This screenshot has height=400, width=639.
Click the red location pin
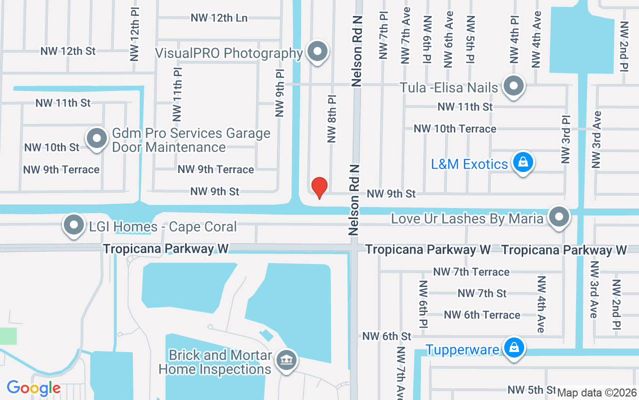click(319, 187)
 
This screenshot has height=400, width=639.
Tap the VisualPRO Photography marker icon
click(317, 51)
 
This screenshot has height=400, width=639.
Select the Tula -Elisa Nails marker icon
click(513, 86)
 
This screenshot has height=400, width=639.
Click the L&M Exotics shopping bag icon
click(523, 163)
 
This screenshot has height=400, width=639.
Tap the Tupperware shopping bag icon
click(513, 348)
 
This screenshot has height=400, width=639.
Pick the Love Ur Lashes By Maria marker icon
click(559, 217)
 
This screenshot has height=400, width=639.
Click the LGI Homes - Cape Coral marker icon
click(74, 225)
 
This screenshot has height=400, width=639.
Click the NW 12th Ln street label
click(219, 18)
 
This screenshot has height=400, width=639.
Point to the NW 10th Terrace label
click(455, 129)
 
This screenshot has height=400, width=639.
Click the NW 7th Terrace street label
click(471, 272)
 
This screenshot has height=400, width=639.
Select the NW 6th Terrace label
click(482, 315)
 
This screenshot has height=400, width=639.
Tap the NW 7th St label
click(482, 293)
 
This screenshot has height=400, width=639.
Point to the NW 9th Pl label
click(280, 93)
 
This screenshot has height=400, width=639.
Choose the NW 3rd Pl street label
click(566, 140)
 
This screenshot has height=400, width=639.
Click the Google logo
click(33, 388)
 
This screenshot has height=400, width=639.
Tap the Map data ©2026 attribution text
click(597, 393)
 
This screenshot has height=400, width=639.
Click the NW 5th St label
click(531, 389)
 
